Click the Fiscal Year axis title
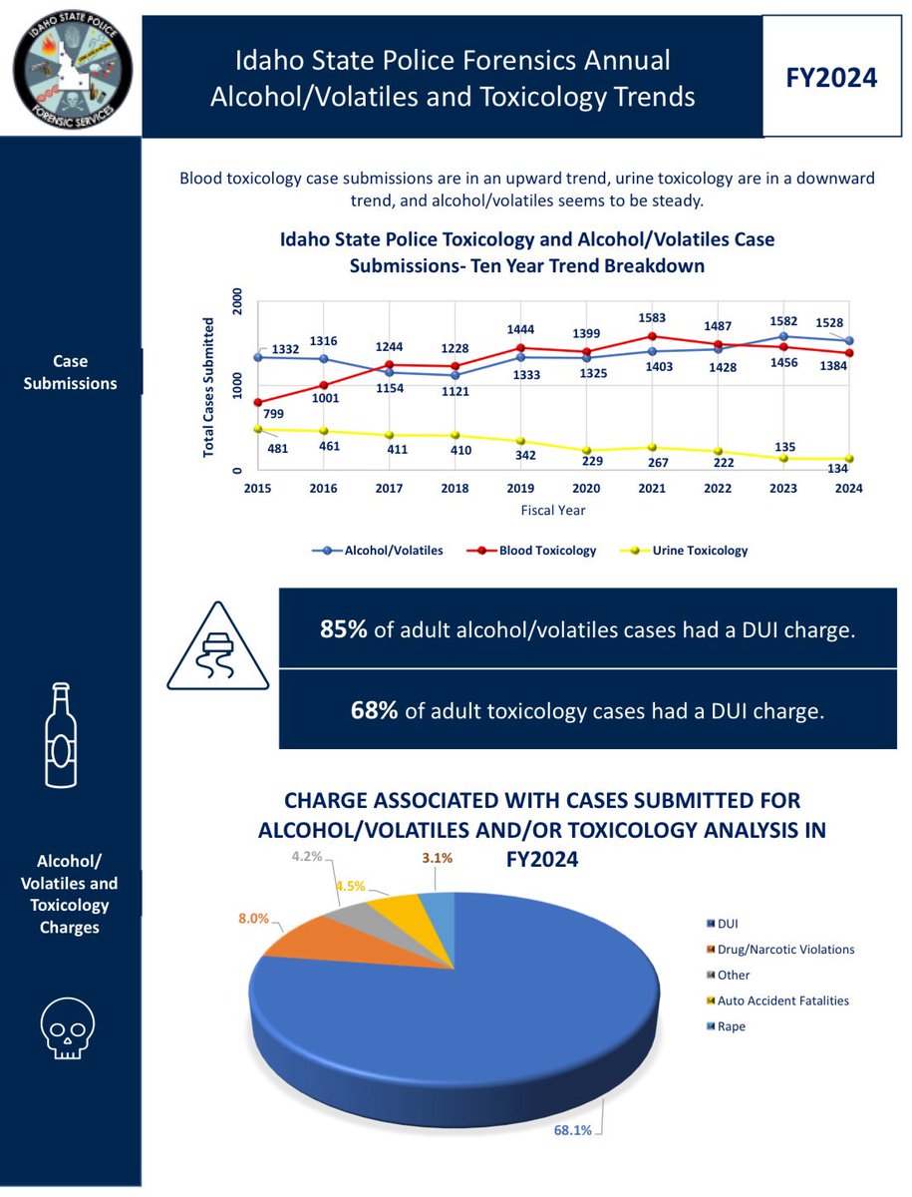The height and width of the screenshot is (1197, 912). (552, 510)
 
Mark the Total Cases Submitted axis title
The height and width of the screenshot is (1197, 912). (209, 386)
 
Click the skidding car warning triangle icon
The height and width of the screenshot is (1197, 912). (216, 646)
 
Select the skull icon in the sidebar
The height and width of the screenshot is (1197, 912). (67, 1027)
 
